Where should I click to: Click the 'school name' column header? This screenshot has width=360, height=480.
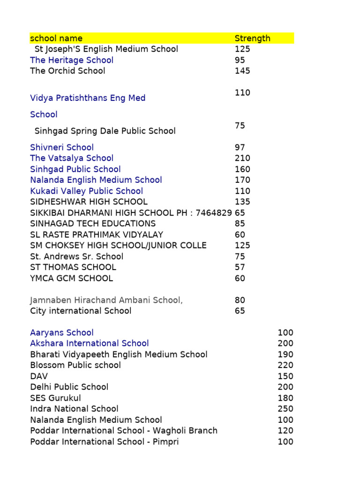point(56,38)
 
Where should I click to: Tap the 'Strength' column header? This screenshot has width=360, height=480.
point(252,38)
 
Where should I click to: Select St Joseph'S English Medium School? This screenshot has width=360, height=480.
point(106,49)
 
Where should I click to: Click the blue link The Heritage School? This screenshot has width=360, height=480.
point(72,60)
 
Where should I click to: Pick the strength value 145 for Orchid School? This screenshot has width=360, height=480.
point(242,71)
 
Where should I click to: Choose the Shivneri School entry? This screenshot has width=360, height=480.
point(62,147)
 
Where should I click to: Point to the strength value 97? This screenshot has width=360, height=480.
point(240,147)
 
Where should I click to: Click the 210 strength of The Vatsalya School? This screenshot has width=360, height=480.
point(242,158)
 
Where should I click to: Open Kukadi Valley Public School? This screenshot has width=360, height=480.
point(87,191)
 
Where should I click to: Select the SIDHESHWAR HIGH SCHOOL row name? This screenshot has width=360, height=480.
point(89,202)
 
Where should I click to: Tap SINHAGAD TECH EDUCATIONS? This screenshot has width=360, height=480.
point(93,224)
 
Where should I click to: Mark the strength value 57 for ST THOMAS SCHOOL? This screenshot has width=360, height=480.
point(240,267)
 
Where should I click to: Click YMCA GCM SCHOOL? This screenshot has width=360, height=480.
point(71,278)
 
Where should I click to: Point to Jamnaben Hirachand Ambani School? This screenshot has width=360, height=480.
point(106,300)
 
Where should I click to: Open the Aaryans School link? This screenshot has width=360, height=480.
point(62,332)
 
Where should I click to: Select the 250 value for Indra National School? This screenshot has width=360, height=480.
point(285,409)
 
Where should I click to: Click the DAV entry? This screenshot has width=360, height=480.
point(39,376)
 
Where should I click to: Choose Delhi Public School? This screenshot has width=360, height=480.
point(69,387)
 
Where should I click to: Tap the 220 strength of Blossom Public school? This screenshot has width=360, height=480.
point(285,365)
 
